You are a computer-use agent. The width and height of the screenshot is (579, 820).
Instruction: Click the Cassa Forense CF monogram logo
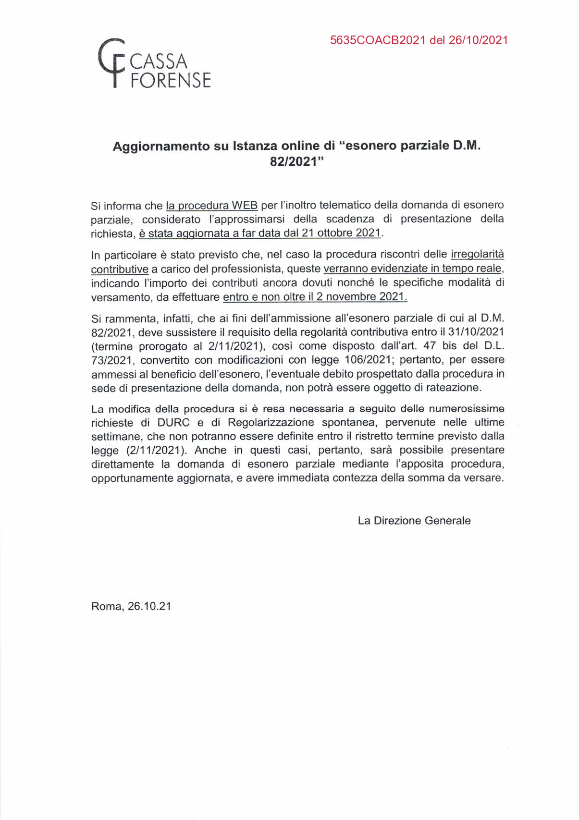pyautogui.click(x=111, y=63)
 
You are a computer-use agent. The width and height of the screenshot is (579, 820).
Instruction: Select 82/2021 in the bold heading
pyautogui.click(x=294, y=162)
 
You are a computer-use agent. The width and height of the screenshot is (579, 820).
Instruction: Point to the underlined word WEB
pyautogui.click(x=245, y=206)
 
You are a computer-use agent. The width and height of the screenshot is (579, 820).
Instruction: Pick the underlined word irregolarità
pyautogui.click(x=477, y=254)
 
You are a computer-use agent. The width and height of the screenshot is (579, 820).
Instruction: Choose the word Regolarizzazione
pyautogui.click(x=271, y=423)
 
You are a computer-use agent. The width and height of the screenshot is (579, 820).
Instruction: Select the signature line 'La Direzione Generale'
pyautogui.click(x=414, y=521)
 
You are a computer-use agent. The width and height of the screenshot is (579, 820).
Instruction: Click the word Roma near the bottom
pyautogui.click(x=107, y=606)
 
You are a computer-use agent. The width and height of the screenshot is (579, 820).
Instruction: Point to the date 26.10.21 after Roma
pyautogui.click(x=149, y=606)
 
